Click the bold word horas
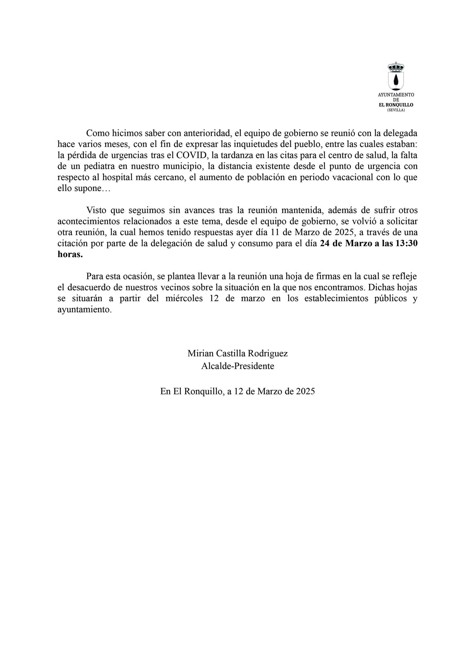point(70,255)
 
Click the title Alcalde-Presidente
point(238,366)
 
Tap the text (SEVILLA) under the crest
point(396,110)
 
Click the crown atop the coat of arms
point(396,67)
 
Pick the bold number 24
point(325,244)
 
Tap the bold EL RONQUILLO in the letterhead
point(396,105)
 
